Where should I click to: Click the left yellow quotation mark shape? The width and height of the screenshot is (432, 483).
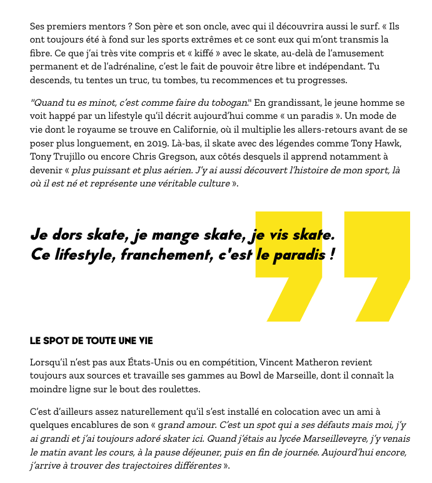coord(289,266)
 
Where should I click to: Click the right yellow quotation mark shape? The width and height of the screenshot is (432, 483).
coord(377,266)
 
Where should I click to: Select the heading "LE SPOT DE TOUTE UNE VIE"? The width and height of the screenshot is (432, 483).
coord(91,342)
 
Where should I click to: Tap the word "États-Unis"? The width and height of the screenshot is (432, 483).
coord(141,362)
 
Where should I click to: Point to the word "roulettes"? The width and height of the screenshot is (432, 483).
coord(176,390)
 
